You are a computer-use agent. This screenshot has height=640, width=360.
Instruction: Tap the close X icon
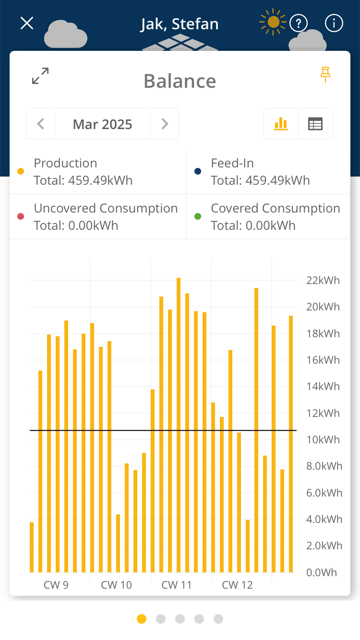[x=27, y=23]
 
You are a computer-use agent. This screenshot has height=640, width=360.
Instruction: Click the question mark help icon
[x=299, y=23]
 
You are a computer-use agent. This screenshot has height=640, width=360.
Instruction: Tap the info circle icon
[x=334, y=23]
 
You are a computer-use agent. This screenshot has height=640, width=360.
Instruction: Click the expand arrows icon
[x=40, y=76]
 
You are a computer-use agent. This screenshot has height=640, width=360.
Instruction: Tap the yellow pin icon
[x=326, y=74]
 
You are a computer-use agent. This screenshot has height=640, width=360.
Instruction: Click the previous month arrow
[x=41, y=124]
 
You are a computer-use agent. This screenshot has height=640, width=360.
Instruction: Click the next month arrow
[x=165, y=124]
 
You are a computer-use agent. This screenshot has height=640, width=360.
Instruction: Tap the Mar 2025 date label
[x=103, y=124]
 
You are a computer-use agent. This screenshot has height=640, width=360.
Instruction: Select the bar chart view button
[x=281, y=124]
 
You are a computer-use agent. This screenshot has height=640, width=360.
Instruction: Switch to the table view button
[x=315, y=124]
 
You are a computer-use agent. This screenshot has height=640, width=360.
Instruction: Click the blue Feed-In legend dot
[x=198, y=171]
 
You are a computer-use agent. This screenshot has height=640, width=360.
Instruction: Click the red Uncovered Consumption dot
[x=21, y=216]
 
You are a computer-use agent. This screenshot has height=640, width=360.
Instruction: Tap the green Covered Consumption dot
[x=198, y=216]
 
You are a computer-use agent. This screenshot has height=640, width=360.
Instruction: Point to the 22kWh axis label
[x=323, y=280]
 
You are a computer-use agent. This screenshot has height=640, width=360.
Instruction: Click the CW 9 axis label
[x=56, y=585]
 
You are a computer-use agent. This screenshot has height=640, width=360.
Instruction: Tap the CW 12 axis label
[x=237, y=585]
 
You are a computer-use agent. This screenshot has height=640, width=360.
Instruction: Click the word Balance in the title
[x=180, y=81]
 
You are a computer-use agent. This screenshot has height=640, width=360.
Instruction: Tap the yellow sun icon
[x=273, y=22]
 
